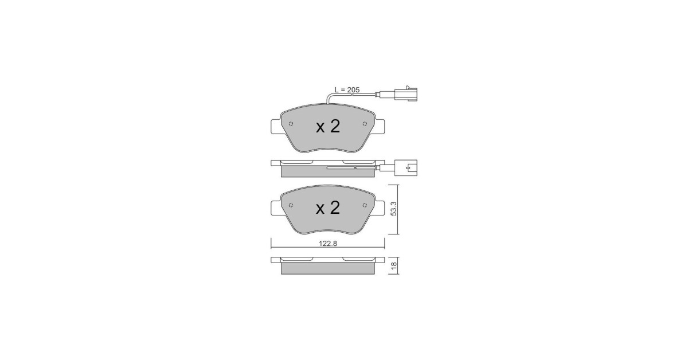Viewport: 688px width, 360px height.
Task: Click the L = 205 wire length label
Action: (347, 89)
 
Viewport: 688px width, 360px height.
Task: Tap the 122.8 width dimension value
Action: (328, 244)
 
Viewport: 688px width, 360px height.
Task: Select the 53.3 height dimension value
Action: (394, 209)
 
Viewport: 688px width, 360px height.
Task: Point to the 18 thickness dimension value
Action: (394, 265)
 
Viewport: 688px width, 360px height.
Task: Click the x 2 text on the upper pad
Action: (328, 126)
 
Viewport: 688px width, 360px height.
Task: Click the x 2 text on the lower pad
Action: (328, 208)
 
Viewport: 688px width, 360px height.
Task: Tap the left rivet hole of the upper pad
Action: (291, 124)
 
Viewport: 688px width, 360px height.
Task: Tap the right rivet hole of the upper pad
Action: (365, 124)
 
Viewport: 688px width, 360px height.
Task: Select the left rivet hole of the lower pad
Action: (291, 205)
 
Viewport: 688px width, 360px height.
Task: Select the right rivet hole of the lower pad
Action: (365, 205)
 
